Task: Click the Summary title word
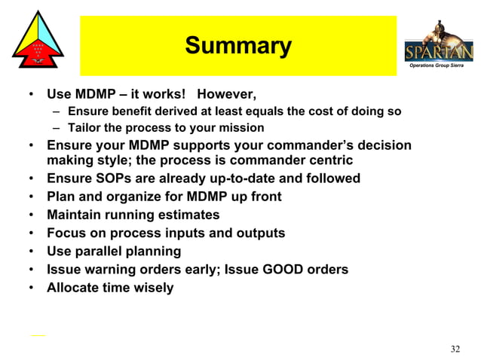point(238,46)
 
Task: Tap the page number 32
point(455,348)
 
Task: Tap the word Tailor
point(84,127)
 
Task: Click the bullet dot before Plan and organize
point(29,197)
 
